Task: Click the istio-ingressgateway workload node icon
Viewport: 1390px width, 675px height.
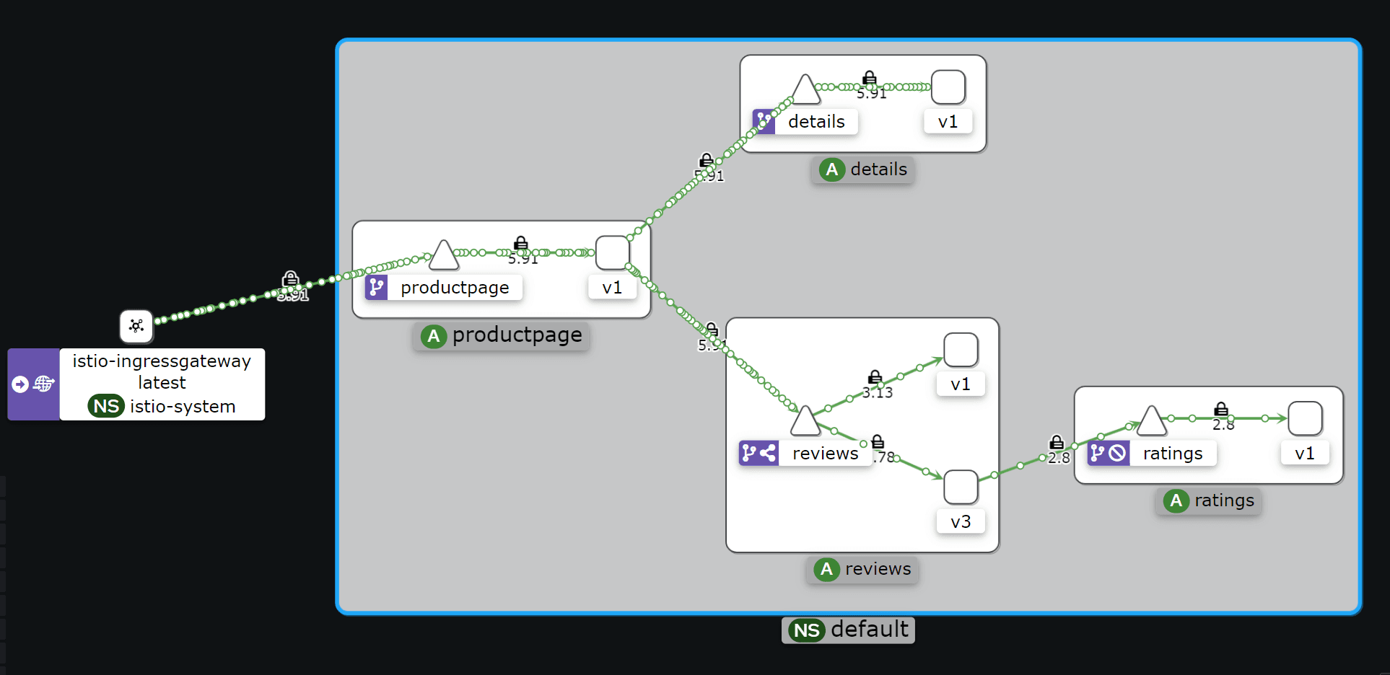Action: [136, 326]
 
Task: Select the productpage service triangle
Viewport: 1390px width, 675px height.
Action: [443, 256]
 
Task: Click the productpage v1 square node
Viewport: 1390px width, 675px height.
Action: [613, 253]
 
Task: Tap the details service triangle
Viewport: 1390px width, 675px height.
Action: [805, 91]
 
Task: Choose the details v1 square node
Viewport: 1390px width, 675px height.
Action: [948, 87]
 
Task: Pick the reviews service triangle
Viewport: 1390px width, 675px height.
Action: [805, 422]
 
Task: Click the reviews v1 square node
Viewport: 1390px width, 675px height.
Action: [961, 350]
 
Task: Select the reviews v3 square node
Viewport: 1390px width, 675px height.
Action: [961, 487]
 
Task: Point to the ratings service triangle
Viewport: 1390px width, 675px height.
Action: [1152, 422]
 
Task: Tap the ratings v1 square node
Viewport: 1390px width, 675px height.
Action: [1305, 418]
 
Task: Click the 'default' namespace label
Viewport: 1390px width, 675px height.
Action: [848, 630]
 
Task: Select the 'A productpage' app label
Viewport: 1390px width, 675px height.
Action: [502, 335]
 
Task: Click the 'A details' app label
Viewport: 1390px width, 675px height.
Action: [863, 169]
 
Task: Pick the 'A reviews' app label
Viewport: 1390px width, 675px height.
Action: [862, 569]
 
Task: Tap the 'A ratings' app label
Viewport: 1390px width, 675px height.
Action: [1209, 500]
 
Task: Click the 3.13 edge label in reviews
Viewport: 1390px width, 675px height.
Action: [878, 393]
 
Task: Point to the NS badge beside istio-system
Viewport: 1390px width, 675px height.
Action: [106, 406]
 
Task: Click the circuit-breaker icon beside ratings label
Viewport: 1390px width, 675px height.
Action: [1118, 453]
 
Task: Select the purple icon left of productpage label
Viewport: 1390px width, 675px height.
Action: [376, 287]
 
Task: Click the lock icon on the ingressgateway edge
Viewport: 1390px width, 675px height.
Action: [290, 278]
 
